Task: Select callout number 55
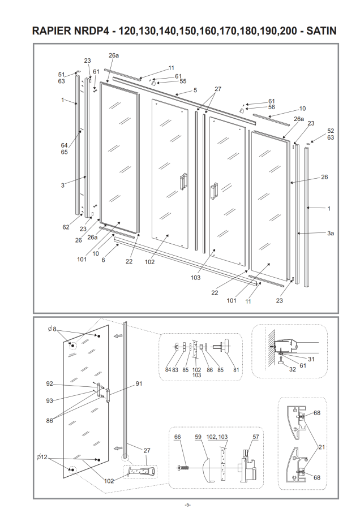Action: click(183, 81)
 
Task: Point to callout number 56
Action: click(272, 107)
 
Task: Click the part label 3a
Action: click(331, 233)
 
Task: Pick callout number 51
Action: click(62, 74)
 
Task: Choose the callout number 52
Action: click(331, 131)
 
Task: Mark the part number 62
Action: click(66, 227)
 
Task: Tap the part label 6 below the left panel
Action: click(103, 260)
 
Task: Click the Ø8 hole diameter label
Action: click(53, 329)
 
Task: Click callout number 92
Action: click(50, 383)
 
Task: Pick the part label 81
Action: click(237, 370)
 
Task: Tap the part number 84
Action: click(168, 370)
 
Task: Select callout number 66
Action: click(177, 437)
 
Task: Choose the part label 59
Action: click(198, 437)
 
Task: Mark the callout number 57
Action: click(256, 437)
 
